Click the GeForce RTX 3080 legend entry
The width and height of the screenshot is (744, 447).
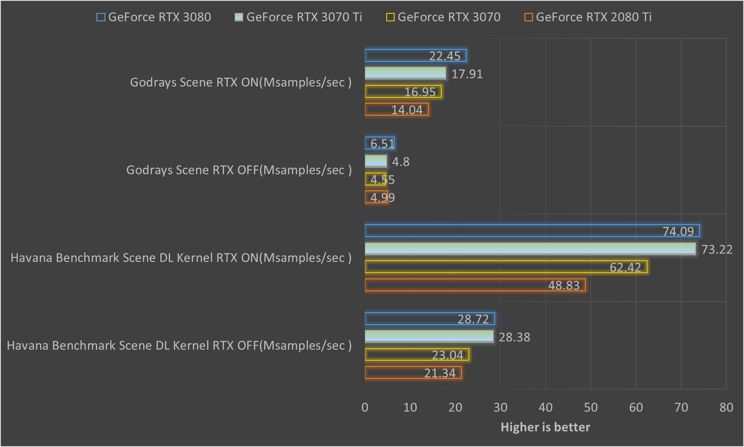(x=154, y=17)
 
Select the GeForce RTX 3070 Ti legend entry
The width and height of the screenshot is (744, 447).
(x=298, y=17)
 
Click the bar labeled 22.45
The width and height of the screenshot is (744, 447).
(x=416, y=56)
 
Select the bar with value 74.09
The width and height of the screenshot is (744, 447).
(x=532, y=231)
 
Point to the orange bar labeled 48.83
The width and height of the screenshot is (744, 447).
(x=475, y=285)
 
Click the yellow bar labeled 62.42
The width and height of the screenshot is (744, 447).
(x=506, y=267)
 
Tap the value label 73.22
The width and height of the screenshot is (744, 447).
(x=717, y=250)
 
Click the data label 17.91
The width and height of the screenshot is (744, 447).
(x=467, y=74)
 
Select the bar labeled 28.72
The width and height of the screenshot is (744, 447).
(x=430, y=319)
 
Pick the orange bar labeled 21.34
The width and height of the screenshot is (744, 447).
(x=413, y=373)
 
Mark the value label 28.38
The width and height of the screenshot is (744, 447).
(x=514, y=337)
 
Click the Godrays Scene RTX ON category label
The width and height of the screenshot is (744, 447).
(x=240, y=82)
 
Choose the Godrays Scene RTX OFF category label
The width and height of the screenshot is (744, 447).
(x=239, y=170)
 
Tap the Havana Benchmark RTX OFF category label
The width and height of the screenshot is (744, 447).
(x=179, y=346)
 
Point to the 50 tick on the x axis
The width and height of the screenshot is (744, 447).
(x=591, y=407)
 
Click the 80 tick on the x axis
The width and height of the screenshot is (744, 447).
(x=726, y=407)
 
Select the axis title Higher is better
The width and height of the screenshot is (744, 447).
(x=545, y=427)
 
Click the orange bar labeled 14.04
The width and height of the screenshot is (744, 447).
(x=396, y=109)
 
